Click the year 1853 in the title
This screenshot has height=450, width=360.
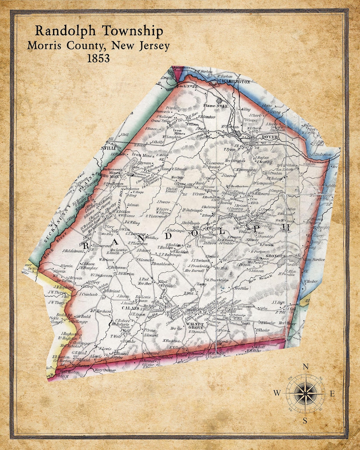(98, 58)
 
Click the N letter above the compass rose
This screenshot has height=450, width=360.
(305, 367)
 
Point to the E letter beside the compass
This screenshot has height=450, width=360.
(332, 394)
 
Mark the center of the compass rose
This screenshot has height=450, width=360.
(305, 393)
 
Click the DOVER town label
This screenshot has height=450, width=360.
(269, 137)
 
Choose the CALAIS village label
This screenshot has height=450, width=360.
(128, 308)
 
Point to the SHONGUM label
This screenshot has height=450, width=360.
(276, 256)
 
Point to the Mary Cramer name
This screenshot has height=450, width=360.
(105, 370)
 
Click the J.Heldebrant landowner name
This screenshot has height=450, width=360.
(73, 251)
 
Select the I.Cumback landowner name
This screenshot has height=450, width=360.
(89, 294)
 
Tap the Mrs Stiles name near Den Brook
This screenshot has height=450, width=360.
(242, 288)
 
